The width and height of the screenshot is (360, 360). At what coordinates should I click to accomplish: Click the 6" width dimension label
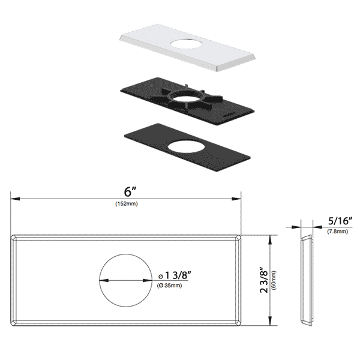click(x=130, y=192)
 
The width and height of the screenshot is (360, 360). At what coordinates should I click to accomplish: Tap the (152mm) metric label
click(x=127, y=203)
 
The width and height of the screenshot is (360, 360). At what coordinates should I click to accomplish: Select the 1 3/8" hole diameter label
click(x=175, y=275)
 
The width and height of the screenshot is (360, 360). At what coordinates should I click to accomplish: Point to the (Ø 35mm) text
click(x=169, y=286)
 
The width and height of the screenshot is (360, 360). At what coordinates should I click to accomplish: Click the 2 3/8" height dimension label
click(x=264, y=280)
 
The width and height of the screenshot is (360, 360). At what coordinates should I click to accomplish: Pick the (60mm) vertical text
click(x=274, y=280)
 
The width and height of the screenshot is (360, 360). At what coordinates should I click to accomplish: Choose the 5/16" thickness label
click(x=340, y=221)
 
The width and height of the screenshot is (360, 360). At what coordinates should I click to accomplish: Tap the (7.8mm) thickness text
click(x=337, y=232)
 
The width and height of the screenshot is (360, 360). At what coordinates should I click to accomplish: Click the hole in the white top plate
click(x=186, y=44)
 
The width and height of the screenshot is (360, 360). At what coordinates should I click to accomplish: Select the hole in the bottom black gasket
click(x=186, y=147)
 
